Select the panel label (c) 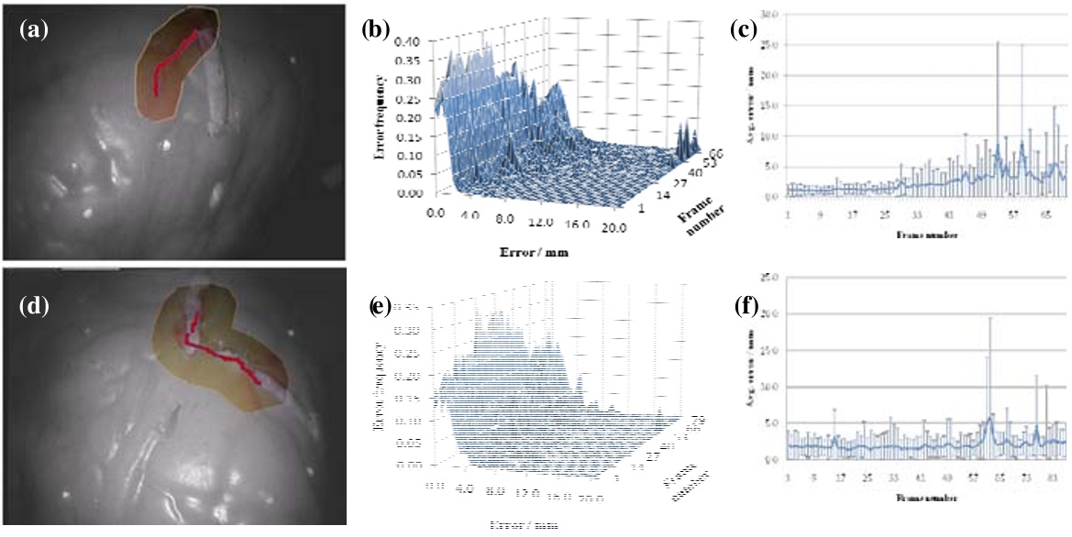(x=743, y=28)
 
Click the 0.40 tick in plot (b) (x=410, y=41)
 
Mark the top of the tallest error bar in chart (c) (x=997, y=42)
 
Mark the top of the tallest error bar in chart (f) (x=989, y=317)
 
